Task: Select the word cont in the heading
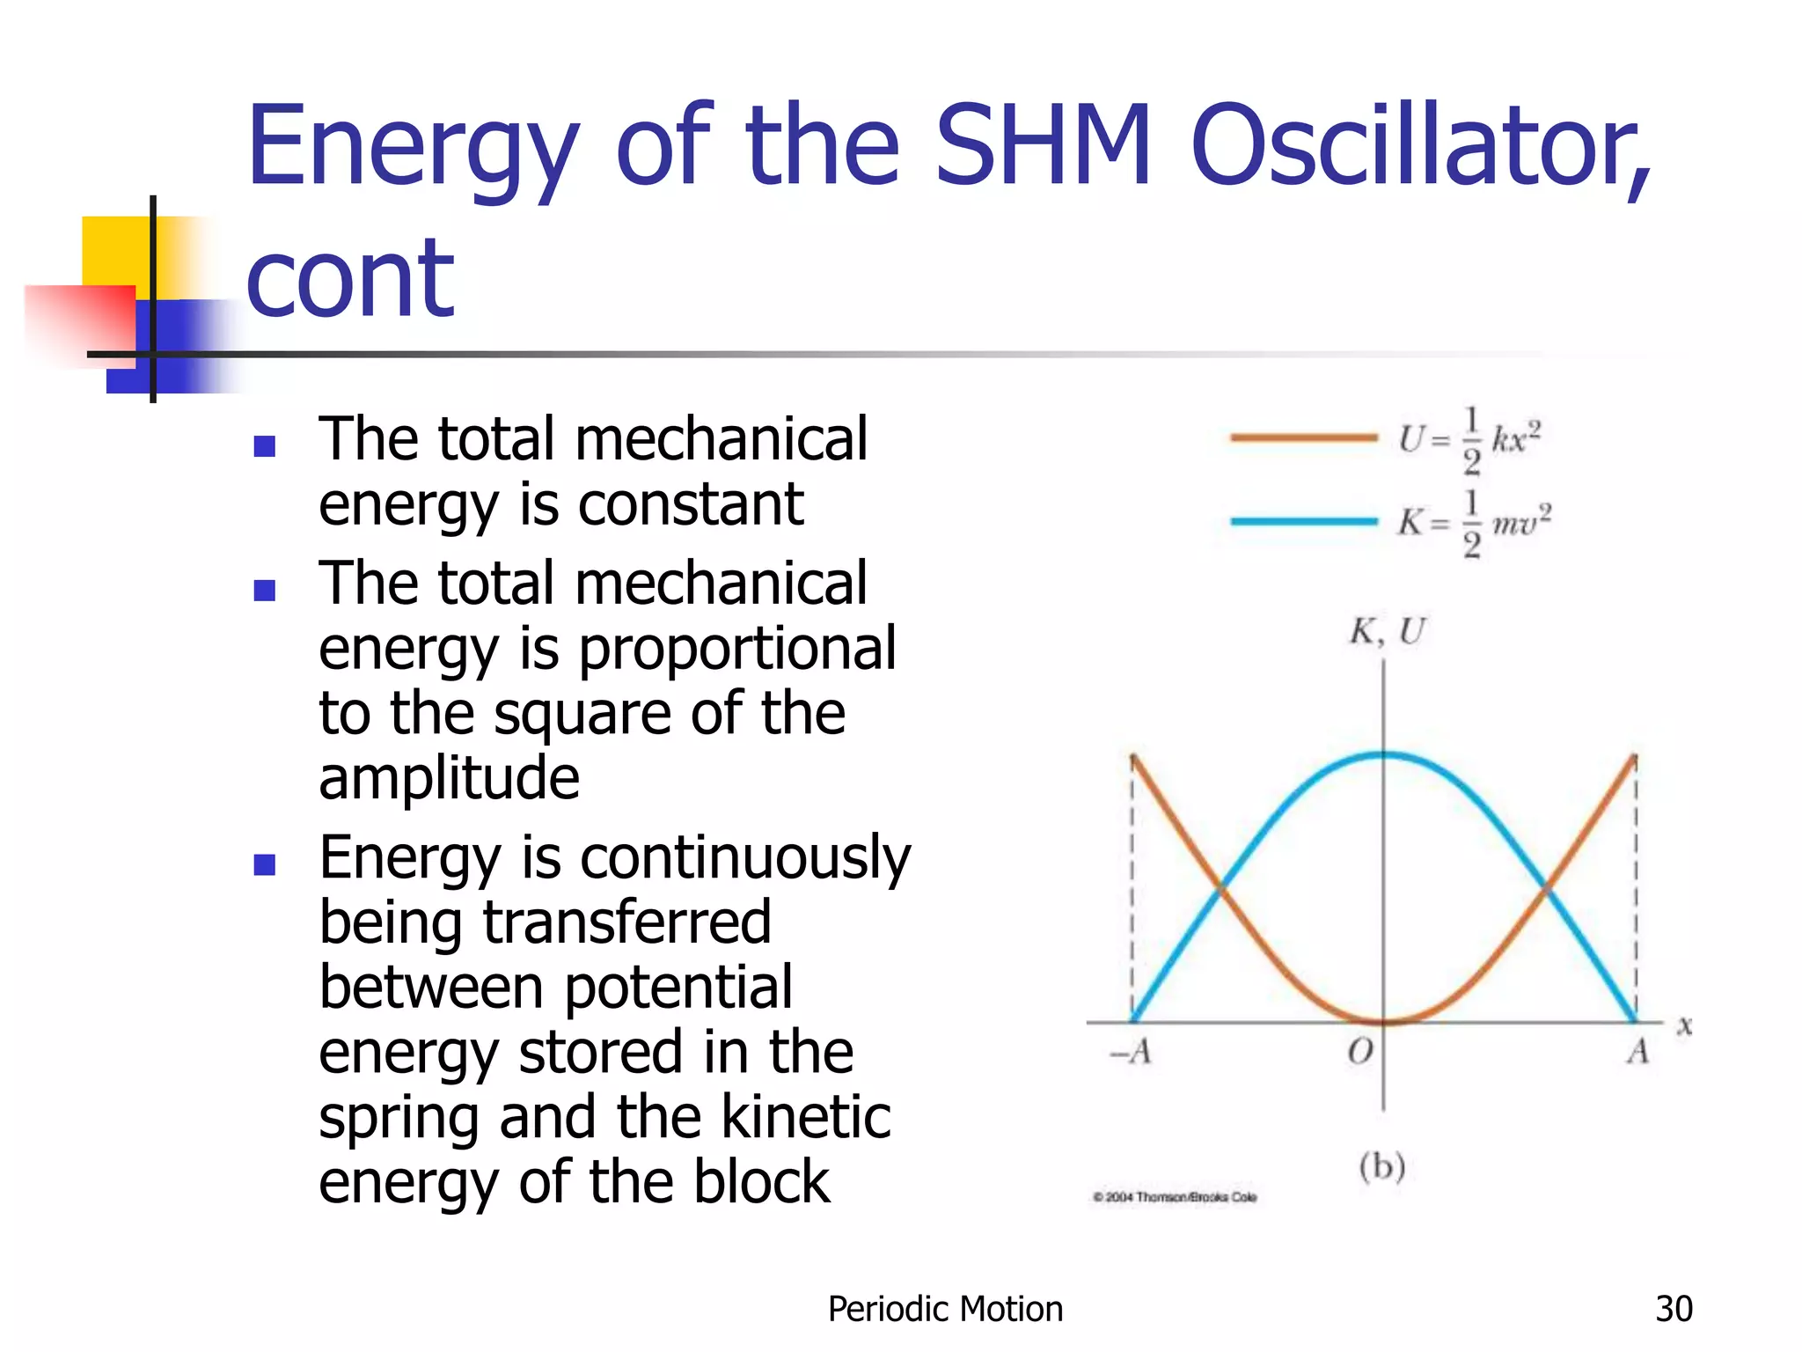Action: point(350,280)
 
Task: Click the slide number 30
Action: point(1674,1309)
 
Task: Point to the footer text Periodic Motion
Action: point(945,1309)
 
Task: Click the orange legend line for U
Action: point(1303,437)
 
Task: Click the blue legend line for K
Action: point(1303,521)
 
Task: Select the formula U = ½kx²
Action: point(1469,438)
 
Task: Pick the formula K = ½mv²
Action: point(1475,523)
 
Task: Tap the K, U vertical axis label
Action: point(1388,632)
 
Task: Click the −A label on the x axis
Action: point(1132,1051)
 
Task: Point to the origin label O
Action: point(1360,1051)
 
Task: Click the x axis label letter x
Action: point(1684,1026)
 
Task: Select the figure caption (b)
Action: point(1382,1166)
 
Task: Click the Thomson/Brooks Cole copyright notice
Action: point(1175,1197)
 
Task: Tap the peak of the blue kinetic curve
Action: point(1384,754)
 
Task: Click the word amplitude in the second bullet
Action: point(449,778)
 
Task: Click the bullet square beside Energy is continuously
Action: point(265,864)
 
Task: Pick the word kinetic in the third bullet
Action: point(806,1117)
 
